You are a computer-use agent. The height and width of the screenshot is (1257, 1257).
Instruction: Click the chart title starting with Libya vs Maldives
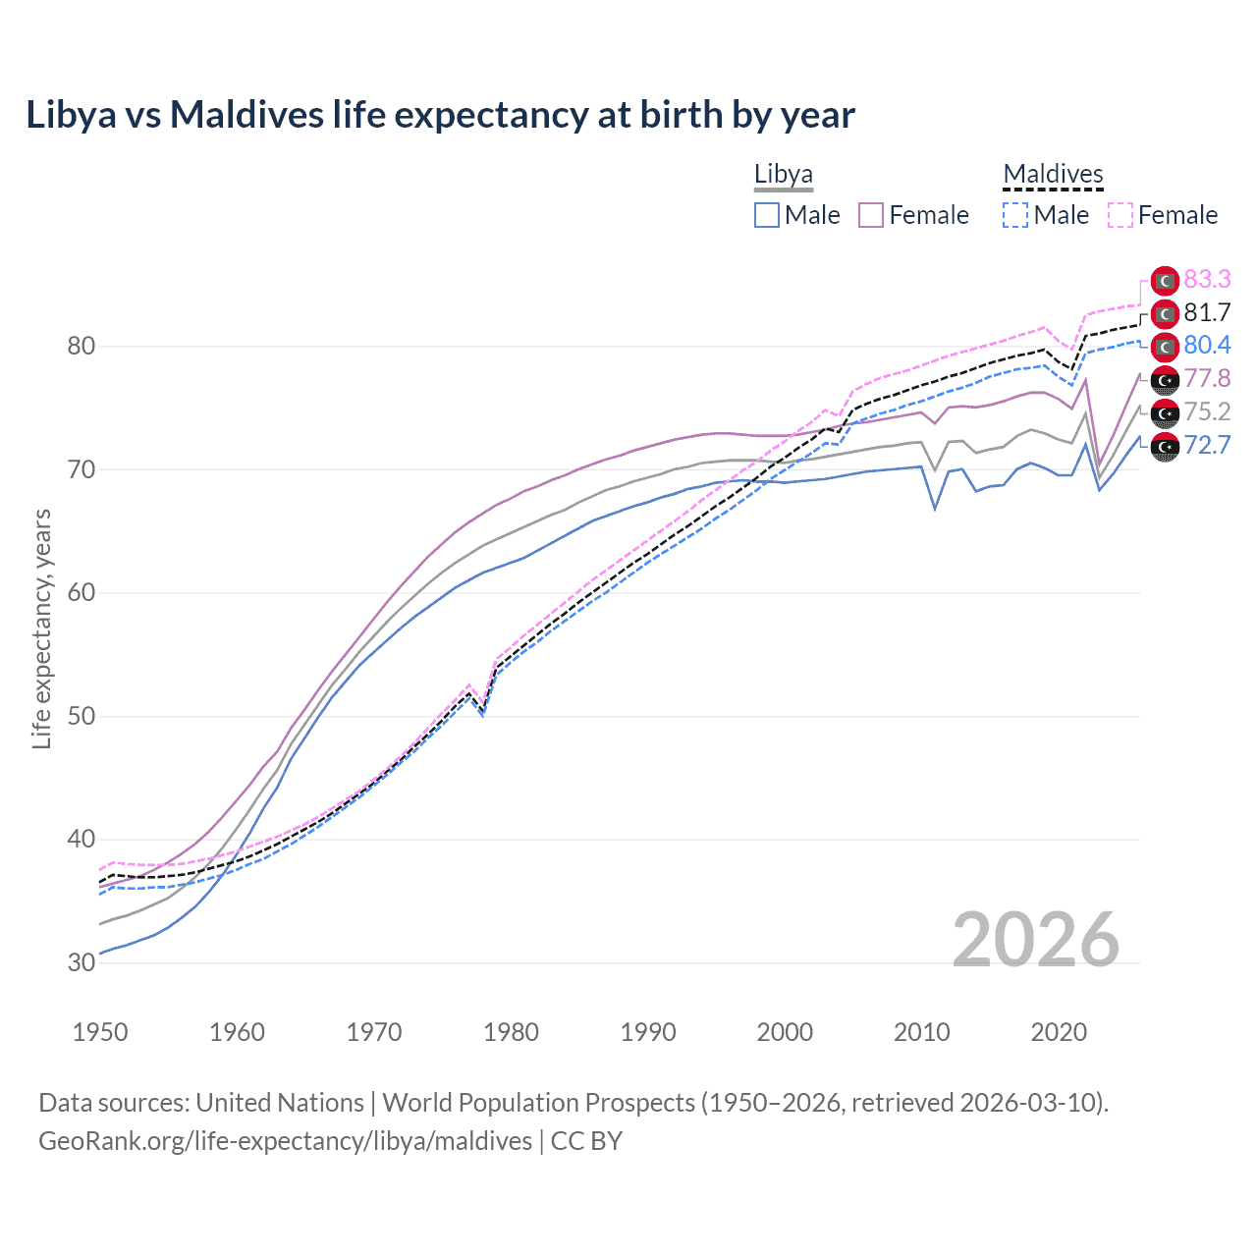(440, 115)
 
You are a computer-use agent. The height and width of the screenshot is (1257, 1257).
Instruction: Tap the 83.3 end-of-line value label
(1207, 280)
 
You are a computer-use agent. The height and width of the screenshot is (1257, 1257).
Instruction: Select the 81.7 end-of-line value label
(1207, 313)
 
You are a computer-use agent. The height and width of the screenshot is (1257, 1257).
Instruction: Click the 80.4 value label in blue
(1207, 346)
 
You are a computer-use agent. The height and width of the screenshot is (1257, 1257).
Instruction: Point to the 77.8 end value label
(1207, 379)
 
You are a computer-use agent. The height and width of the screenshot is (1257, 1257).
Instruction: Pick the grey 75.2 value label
(1207, 412)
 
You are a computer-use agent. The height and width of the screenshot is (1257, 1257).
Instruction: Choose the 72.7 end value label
(1207, 446)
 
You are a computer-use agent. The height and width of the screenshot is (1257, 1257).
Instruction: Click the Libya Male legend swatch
(767, 215)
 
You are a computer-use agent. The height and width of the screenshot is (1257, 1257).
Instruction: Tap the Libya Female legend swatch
(871, 215)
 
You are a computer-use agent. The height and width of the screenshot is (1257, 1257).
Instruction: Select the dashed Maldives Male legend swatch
(1015, 215)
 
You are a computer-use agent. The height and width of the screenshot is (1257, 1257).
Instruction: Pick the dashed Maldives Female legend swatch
(1120, 215)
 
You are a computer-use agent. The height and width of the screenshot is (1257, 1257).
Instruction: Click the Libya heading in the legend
(783, 175)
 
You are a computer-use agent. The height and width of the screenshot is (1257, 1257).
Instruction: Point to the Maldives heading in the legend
(1053, 175)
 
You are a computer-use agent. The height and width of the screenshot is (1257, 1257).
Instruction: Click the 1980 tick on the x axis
(511, 1032)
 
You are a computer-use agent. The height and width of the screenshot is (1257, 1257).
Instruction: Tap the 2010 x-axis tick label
(921, 1032)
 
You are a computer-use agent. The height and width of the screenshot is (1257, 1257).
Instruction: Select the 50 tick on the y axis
(82, 716)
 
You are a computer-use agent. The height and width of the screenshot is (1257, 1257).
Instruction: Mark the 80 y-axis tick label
(82, 347)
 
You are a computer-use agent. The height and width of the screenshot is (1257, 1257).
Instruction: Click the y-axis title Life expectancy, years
(41, 628)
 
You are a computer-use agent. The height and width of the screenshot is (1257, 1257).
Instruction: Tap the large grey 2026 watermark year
(1036, 940)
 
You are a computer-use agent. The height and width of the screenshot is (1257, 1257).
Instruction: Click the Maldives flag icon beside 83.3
(1164, 281)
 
